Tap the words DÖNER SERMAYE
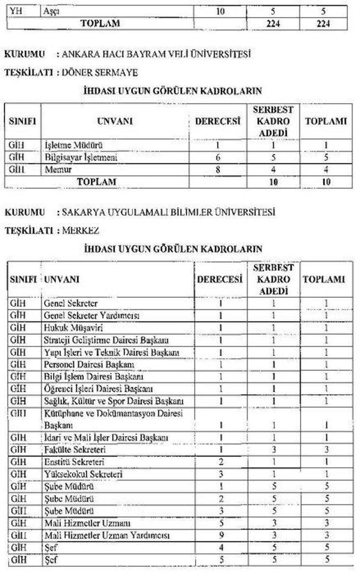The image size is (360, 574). click(97, 73)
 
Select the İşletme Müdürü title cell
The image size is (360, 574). click(74, 145)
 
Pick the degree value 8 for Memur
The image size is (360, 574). click(217, 169)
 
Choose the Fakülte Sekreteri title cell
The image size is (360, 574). click(74, 450)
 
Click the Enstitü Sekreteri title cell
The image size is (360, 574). click(74, 462)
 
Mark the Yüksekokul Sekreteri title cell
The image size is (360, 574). click(83, 474)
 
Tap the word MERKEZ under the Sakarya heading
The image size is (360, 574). click(81, 231)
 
